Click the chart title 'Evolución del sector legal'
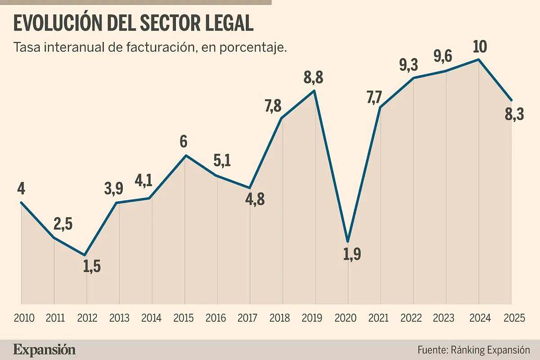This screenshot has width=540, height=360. tap(134, 24)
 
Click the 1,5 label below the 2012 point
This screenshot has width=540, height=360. tap(92, 267)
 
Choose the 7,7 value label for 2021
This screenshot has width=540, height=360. tap(377, 96)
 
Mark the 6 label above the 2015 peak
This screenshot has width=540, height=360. tap(184, 142)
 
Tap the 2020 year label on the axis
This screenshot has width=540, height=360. tap(346, 318)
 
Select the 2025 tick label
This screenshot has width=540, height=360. tap(514, 318)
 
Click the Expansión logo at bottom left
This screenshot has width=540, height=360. tap(45, 350)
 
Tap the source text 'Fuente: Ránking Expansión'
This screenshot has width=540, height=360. tap(474, 350)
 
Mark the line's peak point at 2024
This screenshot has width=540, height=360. tap(479, 59)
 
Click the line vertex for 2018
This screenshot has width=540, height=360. tap(282, 118)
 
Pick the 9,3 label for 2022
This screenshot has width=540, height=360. tap(409, 65)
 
